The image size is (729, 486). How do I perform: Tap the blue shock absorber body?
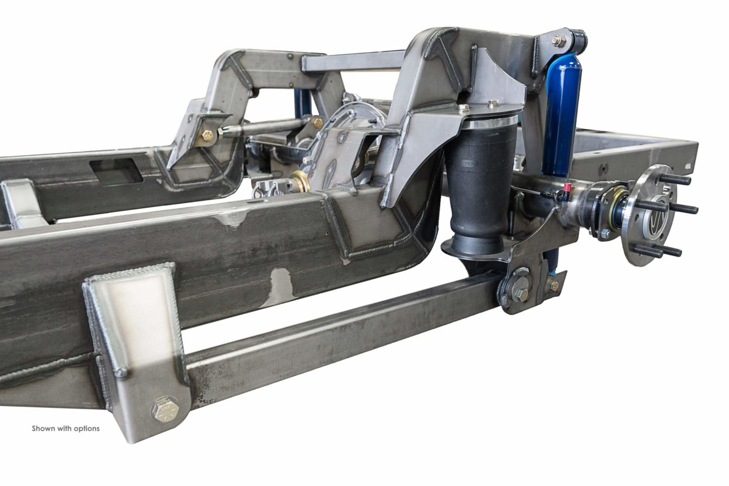point(560,119)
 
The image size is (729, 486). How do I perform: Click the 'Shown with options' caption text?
point(65,428)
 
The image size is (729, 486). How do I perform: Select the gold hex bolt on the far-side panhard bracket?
point(207,136)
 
